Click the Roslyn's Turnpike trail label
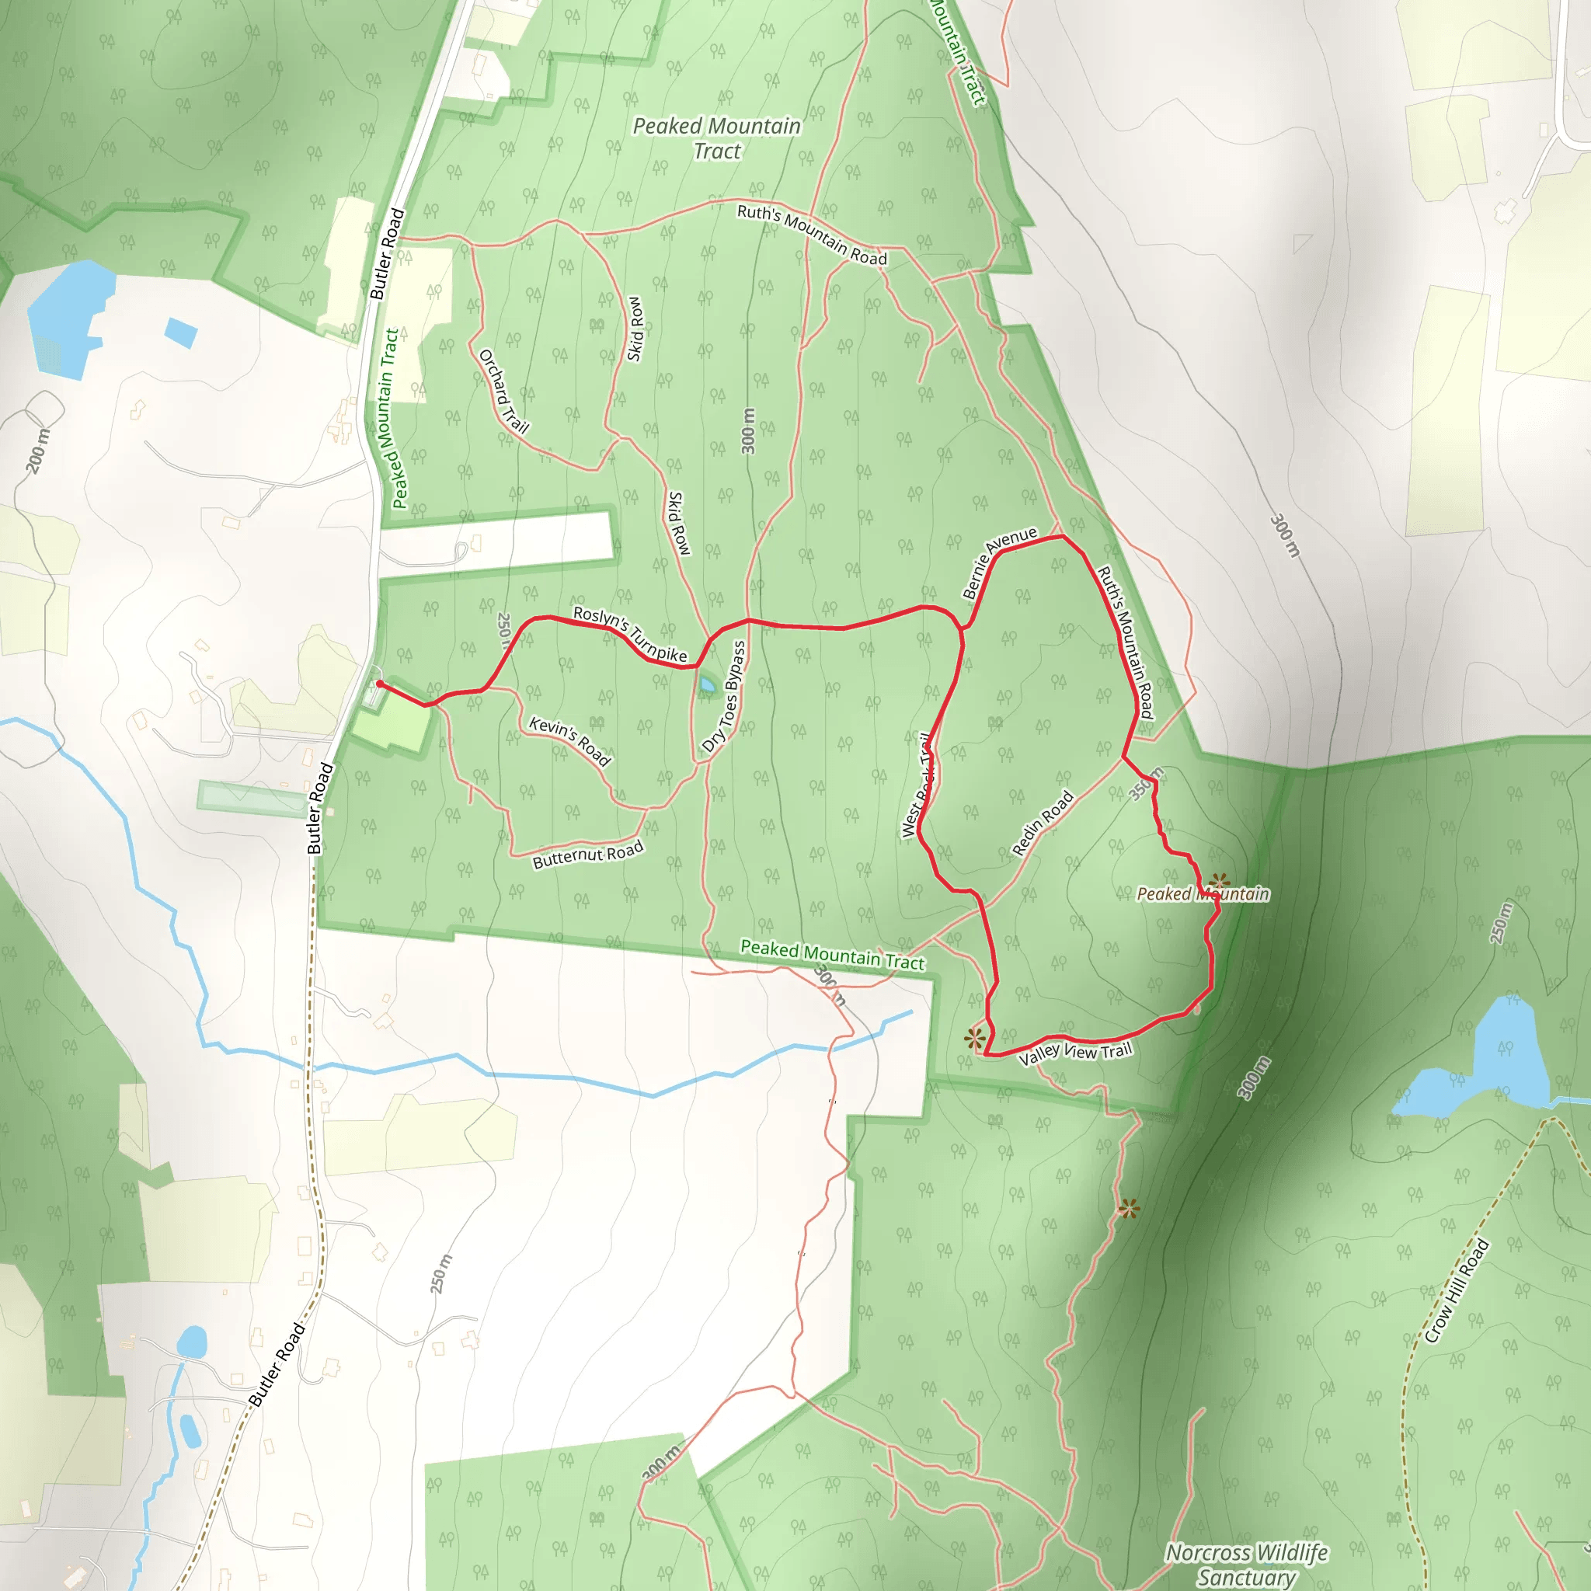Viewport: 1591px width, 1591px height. coord(630,634)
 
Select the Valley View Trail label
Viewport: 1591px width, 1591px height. coord(1075,1053)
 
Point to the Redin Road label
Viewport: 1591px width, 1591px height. coord(1043,823)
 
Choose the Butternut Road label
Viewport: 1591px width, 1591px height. coord(588,855)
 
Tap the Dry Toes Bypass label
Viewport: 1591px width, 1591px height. coord(724,698)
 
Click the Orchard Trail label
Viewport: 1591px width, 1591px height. coord(503,392)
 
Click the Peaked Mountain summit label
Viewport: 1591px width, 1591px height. coord(1203,894)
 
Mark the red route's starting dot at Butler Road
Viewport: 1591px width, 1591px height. coord(379,684)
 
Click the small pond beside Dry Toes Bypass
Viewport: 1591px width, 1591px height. coord(707,684)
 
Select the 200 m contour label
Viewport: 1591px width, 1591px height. coord(38,451)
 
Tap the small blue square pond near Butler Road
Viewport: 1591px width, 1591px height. coord(181,332)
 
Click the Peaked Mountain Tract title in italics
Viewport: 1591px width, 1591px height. coord(716,138)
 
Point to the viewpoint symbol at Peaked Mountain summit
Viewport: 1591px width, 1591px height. coord(1220,882)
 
